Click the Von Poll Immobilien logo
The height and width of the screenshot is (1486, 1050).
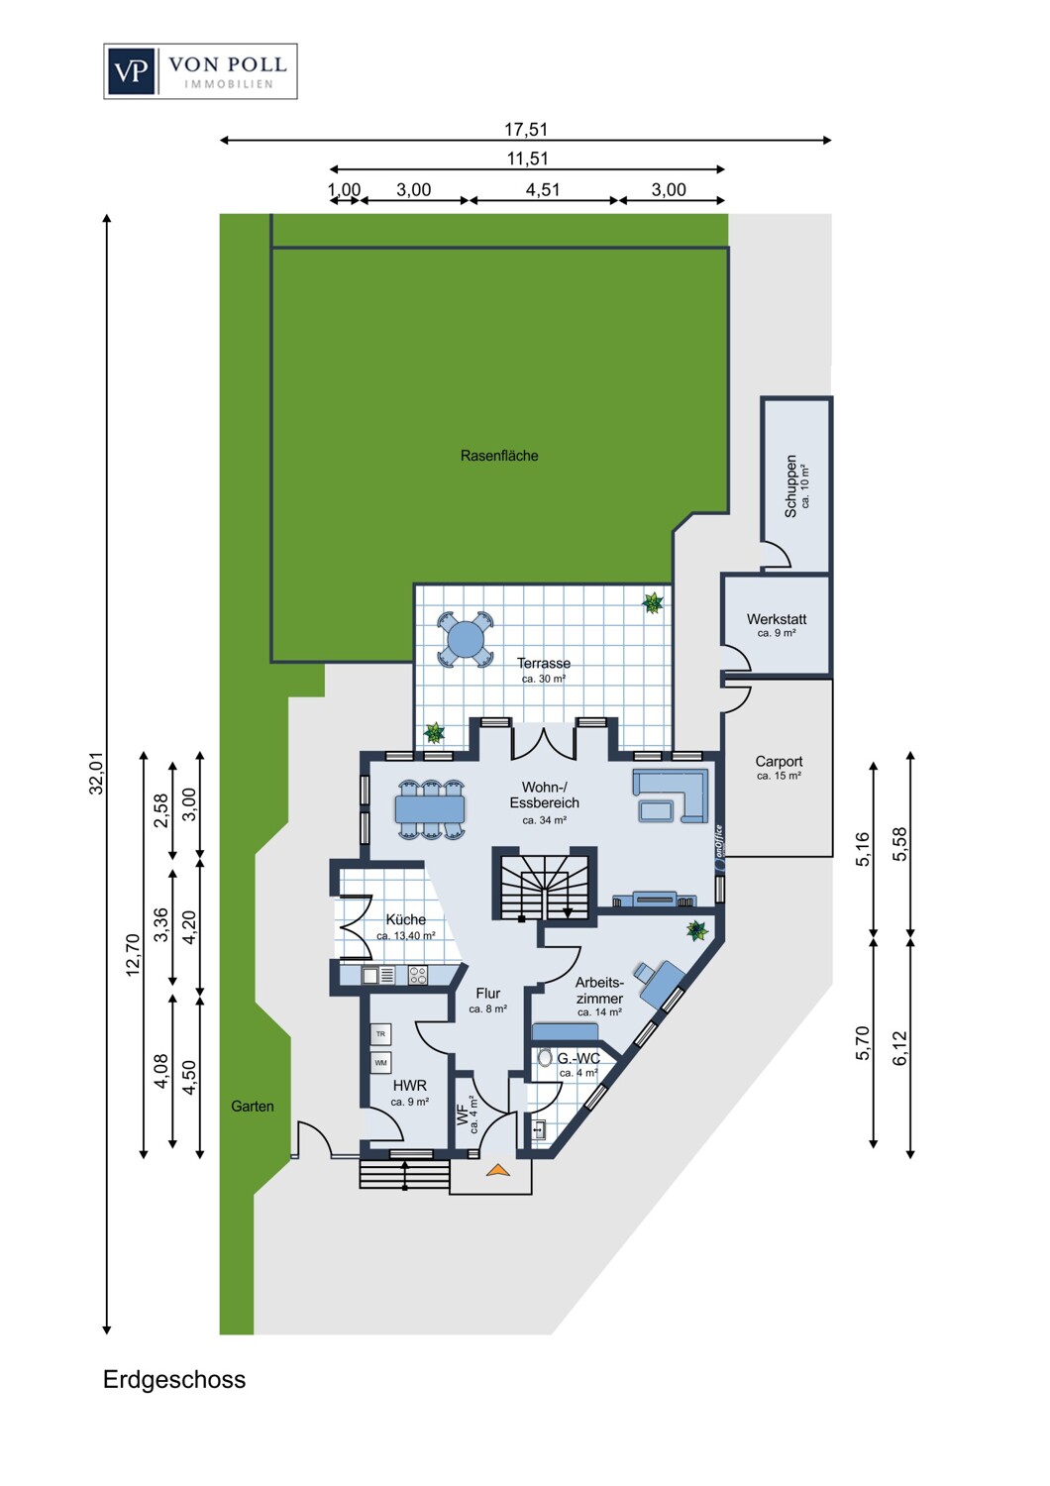pos(200,71)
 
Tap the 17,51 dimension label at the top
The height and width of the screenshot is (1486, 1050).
pos(525,130)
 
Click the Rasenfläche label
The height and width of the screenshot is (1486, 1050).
pos(499,456)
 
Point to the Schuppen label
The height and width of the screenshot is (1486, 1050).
pos(790,485)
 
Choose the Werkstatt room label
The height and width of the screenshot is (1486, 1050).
pos(777,619)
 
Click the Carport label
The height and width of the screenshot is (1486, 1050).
pos(779,762)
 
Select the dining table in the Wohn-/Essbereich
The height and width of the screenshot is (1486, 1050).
pos(430,808)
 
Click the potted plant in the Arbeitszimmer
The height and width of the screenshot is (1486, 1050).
pos(696,930)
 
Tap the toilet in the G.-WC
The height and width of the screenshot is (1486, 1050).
pos(545,1057)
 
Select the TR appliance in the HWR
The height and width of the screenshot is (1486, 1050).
pos(380,1033)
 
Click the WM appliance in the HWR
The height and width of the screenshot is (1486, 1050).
pos(380,1062)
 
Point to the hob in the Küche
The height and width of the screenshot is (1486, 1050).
pos(417,975)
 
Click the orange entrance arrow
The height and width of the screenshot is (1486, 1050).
pos(498,1170)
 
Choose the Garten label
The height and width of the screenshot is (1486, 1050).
pos(252,1106)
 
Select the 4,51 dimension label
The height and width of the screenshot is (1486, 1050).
pos(543,190)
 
